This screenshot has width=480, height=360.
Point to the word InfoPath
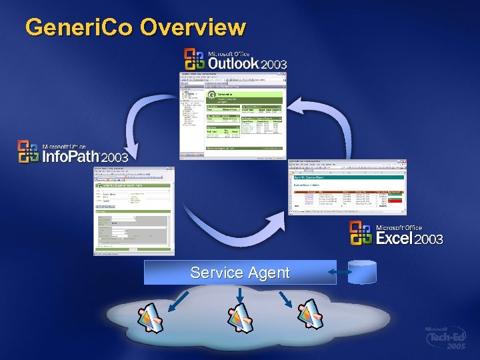[69, 157]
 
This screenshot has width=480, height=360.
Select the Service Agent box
[240, 272]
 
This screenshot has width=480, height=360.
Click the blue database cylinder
[362, 271]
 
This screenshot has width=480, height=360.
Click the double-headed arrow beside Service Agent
[341, 272]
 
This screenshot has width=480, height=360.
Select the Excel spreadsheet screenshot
[347, 187]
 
